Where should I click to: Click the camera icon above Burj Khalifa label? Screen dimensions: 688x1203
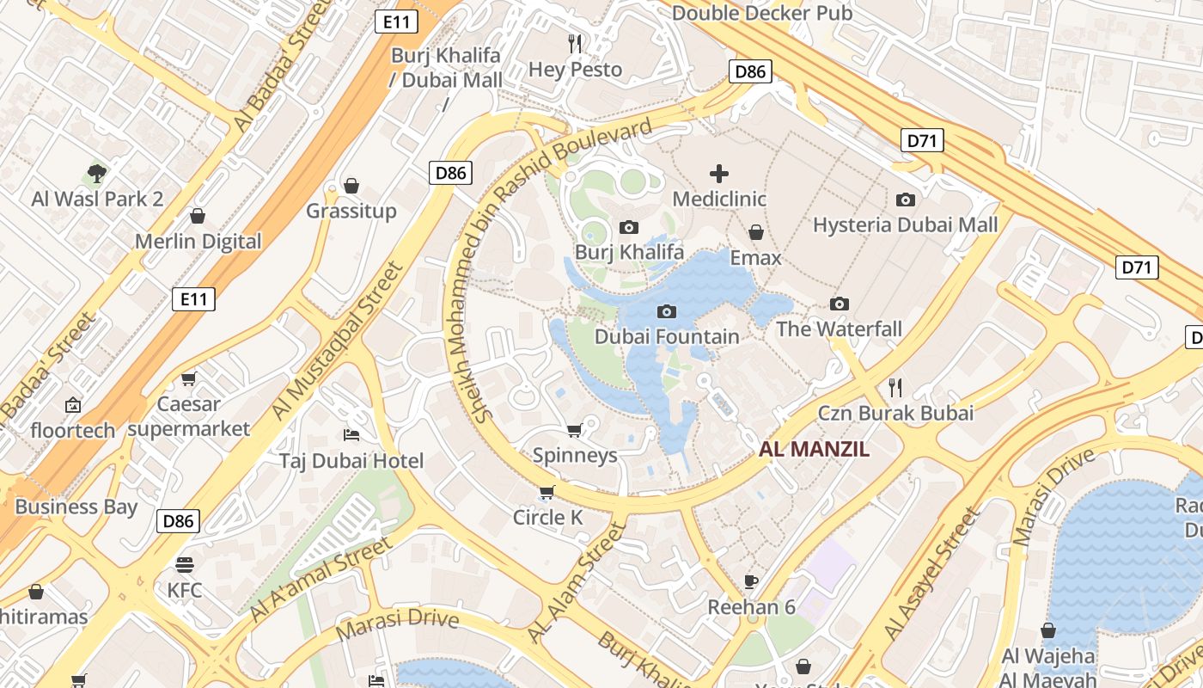point(629,228)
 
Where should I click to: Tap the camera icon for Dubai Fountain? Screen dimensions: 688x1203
point(666,311)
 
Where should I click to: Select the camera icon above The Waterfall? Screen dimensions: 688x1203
point(840,304)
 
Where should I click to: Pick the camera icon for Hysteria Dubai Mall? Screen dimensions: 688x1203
point(906,200)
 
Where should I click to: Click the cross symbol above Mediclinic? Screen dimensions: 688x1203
point(718,174)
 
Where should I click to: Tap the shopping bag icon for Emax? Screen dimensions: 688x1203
point(756,232)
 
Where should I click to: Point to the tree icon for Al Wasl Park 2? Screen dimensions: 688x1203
point(97,174)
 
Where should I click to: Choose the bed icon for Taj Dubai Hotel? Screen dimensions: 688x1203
point(351,434)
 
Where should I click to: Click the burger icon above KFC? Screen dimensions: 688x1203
point(185,565)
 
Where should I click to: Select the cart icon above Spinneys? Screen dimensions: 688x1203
point(574,430)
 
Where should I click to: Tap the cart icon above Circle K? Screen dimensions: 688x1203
point(547,493)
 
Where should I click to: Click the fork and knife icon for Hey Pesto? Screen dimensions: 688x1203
point(575,43)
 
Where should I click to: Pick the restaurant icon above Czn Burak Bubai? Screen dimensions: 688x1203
point(895,387)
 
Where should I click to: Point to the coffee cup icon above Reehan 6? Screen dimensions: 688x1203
point(751,581)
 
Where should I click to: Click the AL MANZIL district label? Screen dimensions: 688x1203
point(815,449)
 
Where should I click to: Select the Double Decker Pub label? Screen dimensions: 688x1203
point(762,13)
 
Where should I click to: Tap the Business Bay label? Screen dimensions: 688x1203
point(76,507)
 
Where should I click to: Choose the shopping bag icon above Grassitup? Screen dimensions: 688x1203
point(351,186)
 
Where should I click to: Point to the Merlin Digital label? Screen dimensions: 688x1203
point(198,242)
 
